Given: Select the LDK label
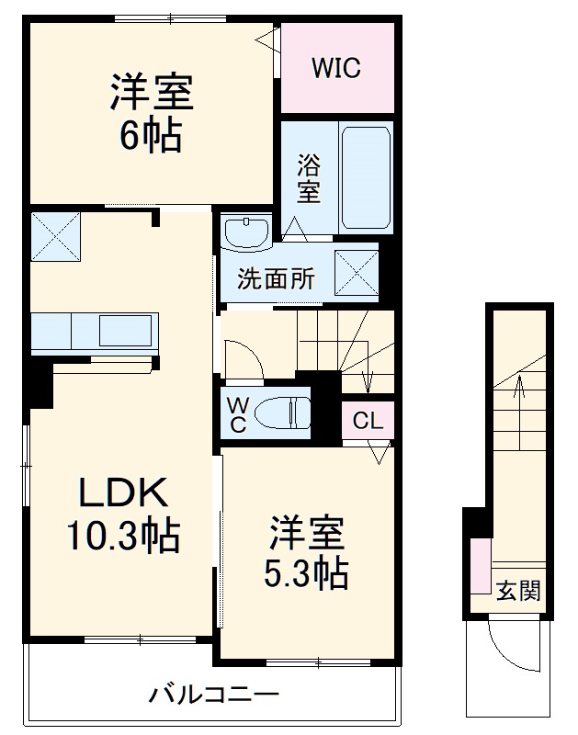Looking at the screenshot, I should (121, 495).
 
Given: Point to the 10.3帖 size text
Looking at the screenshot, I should (121, 535).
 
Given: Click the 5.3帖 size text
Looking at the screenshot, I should (306, 572).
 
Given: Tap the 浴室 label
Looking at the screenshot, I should (309, 180).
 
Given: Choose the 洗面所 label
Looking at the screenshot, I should (276, 279).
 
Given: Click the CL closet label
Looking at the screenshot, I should (368, 422).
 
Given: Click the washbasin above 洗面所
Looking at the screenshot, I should (246, 232).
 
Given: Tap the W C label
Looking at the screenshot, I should (236, 413).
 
